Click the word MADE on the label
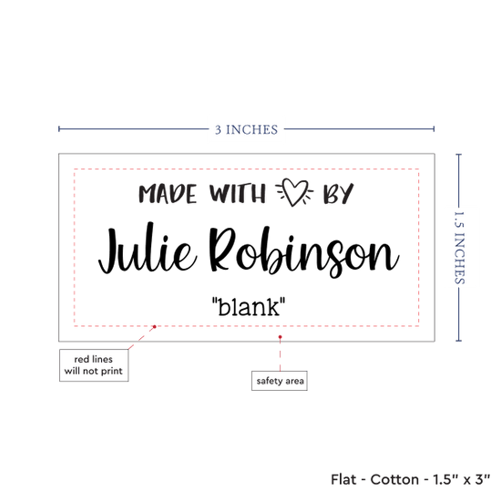[x=168, y=194]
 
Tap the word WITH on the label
[x=238, y=194]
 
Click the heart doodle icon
[x=294, y=191]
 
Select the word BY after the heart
[x=338, y=193]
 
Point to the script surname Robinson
[x=304, y=251]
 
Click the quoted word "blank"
[x=249, y=307]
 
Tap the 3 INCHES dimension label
[x=246, y=129]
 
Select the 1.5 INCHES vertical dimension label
[x=459, y=248]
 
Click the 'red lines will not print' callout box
[x=94, y=365]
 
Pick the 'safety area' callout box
[x=280, y=381]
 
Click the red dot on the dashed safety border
[x=154, y=326]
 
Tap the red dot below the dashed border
[x=280, y=337]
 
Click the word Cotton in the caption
[x=394, y=479]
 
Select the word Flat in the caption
[x=343, y=479]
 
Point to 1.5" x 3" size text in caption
[x=461, y=479]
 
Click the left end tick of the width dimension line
[x=59, y=128]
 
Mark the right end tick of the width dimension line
[x=434, y=128]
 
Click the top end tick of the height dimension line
[x=459, y=155]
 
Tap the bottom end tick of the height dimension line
[x=459, y=341]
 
